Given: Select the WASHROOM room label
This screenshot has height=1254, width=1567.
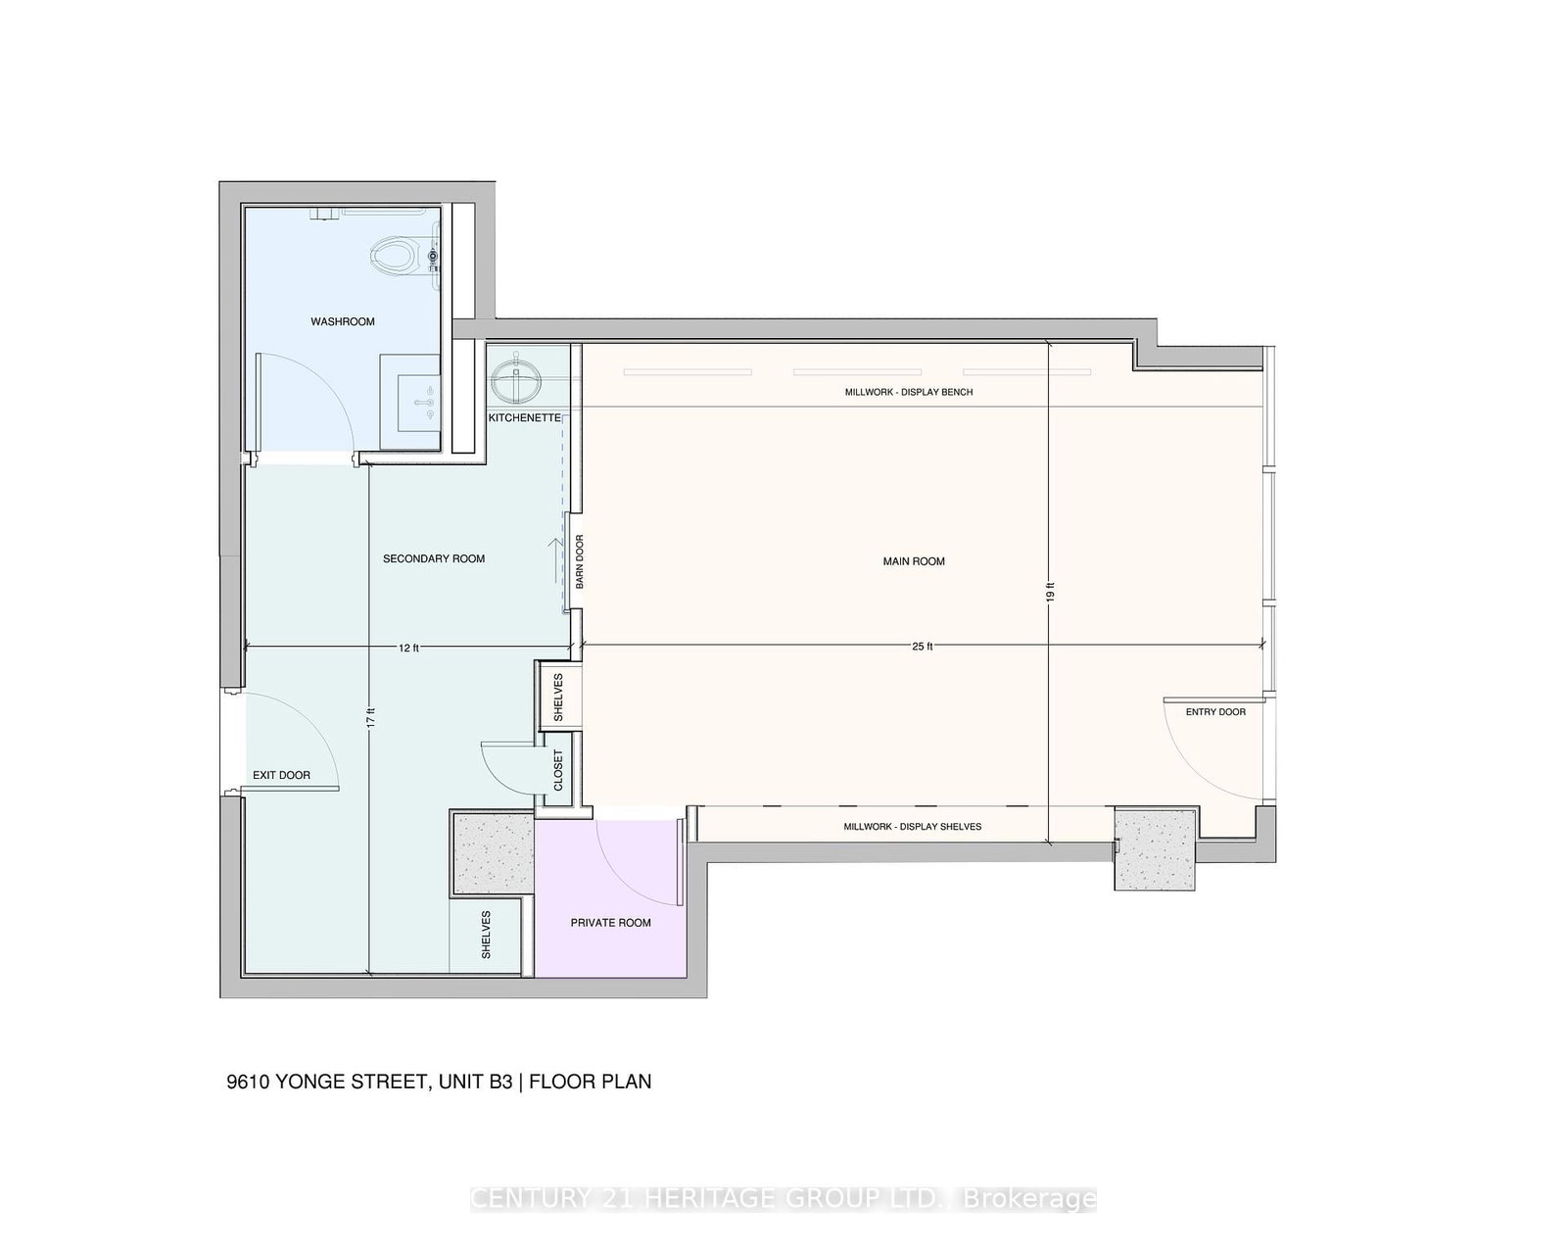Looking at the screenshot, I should click(343, 321).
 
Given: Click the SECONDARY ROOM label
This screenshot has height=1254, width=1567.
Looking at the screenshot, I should click(434, 558).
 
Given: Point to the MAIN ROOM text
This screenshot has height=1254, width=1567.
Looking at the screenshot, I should click(914, 561).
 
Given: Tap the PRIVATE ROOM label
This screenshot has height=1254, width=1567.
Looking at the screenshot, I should click(610, 923).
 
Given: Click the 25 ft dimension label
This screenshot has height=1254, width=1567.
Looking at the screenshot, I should click(923, 647).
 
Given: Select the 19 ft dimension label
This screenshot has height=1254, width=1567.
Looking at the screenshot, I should click(1049, 592).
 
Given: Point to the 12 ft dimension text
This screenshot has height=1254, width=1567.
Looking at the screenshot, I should click(408, 647).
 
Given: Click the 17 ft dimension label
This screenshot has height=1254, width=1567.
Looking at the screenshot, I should click(369, 717).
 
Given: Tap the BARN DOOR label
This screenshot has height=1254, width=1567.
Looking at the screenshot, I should click(579, 561).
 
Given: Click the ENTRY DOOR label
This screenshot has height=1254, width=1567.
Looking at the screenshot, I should click(1215, 711).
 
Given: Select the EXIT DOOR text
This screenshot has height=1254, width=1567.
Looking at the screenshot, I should click(281, 775).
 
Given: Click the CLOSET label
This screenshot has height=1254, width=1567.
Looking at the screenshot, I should click(558, 771).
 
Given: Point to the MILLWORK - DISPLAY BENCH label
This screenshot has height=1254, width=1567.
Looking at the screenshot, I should click(909, 392).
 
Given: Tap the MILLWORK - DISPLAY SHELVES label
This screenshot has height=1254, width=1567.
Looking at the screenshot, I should click(912, 827).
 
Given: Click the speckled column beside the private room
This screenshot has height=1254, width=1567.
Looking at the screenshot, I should click(493, 851).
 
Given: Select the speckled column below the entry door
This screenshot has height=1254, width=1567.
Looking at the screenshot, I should click(1156, 848).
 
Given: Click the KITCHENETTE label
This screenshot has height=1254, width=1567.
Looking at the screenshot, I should click(525, 418).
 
